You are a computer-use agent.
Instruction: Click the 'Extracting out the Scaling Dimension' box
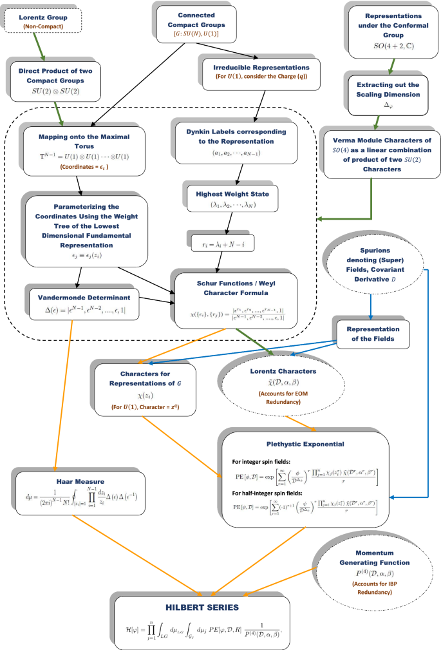click(374, 93)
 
